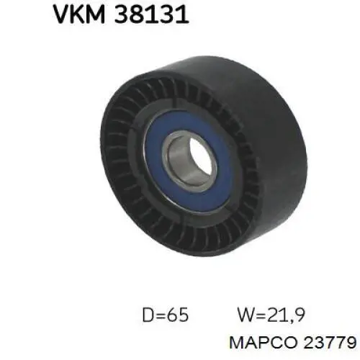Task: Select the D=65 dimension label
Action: (x=166, y=315)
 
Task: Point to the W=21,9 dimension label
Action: (x=271, y=315)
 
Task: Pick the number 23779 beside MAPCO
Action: (x=329, y=342)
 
